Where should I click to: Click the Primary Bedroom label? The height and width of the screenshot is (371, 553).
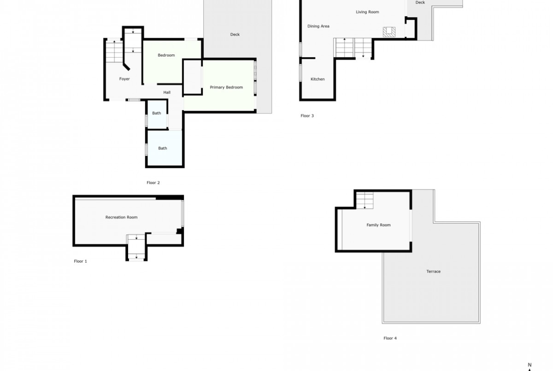226,87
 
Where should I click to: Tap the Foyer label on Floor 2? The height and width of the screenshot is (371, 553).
124,79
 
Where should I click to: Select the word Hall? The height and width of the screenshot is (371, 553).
167,93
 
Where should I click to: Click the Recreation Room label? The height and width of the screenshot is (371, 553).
121,217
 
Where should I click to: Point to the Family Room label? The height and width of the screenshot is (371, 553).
379,225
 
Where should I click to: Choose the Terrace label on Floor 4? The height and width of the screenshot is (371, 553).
433,272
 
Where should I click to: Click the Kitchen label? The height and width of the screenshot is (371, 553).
318,79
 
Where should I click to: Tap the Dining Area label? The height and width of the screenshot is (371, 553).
318,26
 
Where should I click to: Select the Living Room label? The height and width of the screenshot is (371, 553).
368,12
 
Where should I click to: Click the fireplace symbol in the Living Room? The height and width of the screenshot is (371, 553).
389,32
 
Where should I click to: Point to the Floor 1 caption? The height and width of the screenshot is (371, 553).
80,261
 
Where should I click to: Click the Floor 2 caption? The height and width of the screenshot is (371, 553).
153,183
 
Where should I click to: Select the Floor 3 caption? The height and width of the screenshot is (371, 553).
307,116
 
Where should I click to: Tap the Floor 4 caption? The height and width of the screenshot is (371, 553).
390,338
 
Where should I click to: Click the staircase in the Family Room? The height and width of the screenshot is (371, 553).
365,200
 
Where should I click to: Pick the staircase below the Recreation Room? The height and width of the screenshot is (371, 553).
137,247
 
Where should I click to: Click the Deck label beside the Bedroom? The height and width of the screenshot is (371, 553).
235,35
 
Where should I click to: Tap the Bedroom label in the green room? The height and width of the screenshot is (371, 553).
166,55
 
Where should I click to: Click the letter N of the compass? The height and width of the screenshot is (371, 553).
529,365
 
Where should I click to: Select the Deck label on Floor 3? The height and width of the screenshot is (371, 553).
420,2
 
